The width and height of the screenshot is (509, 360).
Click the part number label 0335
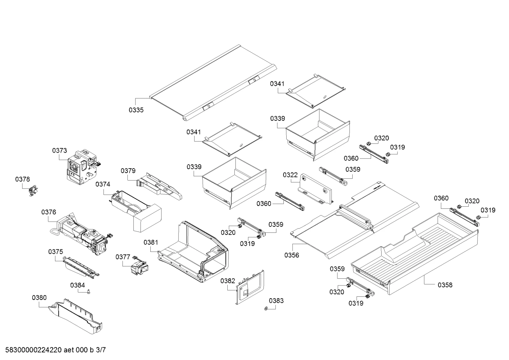point(136,110)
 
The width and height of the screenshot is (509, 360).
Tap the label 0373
point(60,151)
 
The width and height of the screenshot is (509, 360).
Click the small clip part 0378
point(34,191)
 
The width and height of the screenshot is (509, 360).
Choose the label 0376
point(49,212)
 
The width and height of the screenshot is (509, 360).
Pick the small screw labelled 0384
point(89,292)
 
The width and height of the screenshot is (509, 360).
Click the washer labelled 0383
point(266,309)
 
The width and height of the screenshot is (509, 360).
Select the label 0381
point(151,242)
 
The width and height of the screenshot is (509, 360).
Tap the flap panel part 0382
point(250,287)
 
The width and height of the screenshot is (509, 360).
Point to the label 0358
point(445,285)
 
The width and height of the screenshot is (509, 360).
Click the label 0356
point(292,255)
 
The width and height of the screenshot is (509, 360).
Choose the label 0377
point(123,257)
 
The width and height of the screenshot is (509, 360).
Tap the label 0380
point(39,298)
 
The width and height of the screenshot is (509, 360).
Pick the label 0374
point(103,184)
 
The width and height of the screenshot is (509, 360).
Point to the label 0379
point(128,171)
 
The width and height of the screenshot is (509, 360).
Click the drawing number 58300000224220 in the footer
point(34,350)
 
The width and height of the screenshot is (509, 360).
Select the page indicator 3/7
point(101,350)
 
